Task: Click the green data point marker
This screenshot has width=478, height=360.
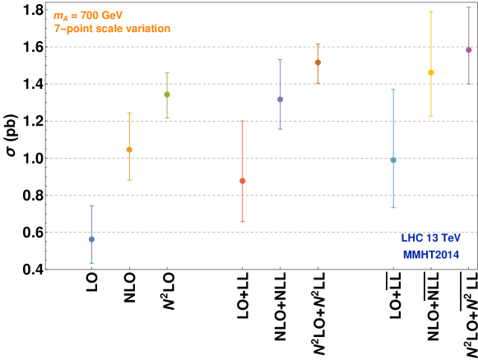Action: click(x=167, y=95)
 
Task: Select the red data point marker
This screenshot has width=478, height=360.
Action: click(x=243, y=181)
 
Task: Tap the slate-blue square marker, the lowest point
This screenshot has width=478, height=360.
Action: click(x=91, y=239)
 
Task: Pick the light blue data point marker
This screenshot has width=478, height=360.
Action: click(x=393, y=160)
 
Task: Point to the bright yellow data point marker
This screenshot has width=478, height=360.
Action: click(x=431, y=72)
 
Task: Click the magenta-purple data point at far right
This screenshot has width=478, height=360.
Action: click(x=469, y=50)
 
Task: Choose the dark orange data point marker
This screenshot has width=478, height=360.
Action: click(x=318, y=62)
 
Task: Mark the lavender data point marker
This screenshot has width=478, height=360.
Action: click(x=281, y=99)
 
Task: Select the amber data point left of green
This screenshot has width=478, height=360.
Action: click(x=129, y=150)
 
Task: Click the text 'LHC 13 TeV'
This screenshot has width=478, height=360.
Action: click(x=431, y=238)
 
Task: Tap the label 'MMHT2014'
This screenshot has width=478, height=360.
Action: click(x=431, y=255)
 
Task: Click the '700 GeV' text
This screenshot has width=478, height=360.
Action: click(x=101, y=16)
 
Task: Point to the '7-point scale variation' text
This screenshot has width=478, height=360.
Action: click(x=112, y=29)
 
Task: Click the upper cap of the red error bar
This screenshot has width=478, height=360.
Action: click(x=243, y=121)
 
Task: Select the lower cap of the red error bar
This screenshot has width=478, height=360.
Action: click(x=243, y=222)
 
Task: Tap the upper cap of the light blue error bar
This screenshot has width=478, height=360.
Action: click(x=393, y=90)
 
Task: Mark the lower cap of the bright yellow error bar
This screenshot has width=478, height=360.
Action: click(x=431, y=116)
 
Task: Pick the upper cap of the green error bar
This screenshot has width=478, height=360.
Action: click(x=167, y=73)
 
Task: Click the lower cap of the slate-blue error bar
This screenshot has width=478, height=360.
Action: click(x=91, y=263)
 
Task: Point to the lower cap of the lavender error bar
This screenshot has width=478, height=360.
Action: click(x=281, y=129)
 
